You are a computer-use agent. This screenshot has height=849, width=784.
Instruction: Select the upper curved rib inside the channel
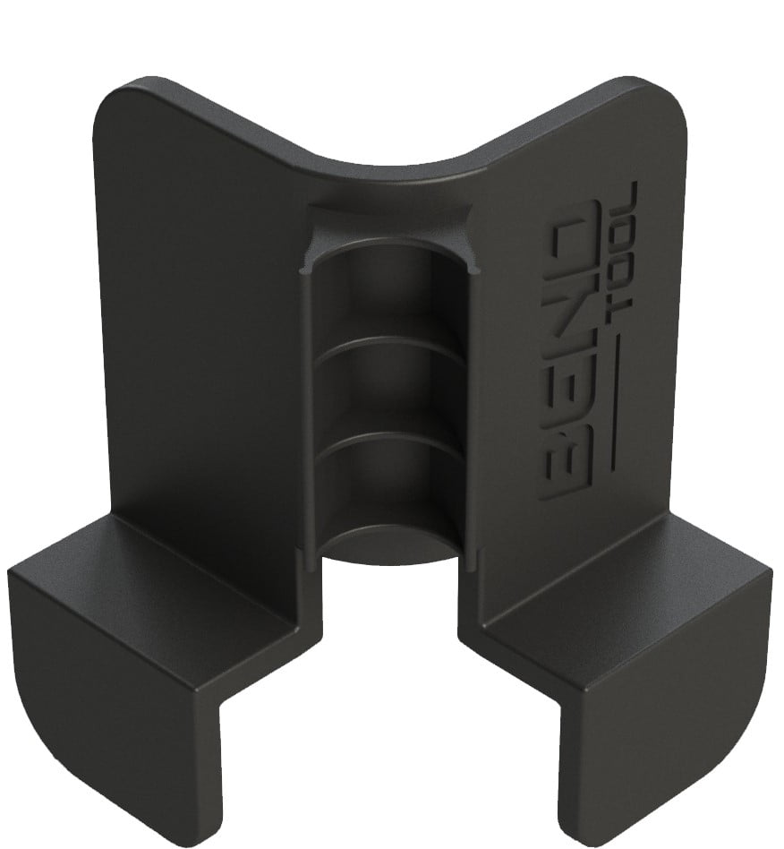click(394, 345)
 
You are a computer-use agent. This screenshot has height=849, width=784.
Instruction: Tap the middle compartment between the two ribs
click(394, 394)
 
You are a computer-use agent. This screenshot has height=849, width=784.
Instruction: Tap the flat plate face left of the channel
click(197, 313)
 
